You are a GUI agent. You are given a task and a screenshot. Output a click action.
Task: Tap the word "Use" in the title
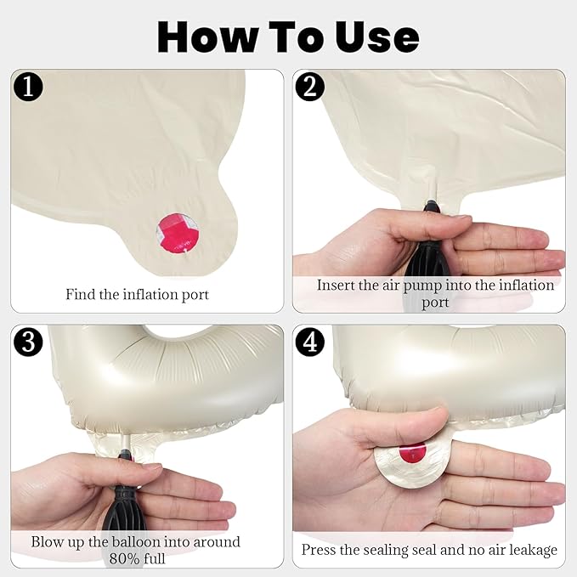[376, 37]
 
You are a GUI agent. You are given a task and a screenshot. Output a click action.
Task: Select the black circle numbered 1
[28, 87]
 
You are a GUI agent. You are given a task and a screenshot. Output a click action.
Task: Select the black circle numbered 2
[310, 87]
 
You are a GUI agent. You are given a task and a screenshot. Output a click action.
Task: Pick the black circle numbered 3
[28, 342]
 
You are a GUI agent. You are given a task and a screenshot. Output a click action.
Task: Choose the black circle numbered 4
[310, 342]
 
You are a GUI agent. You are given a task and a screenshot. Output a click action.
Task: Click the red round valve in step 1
[178, 233]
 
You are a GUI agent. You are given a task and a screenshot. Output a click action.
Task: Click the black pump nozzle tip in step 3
[126, 455]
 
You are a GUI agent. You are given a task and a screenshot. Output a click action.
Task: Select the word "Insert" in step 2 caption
[335, 286]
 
